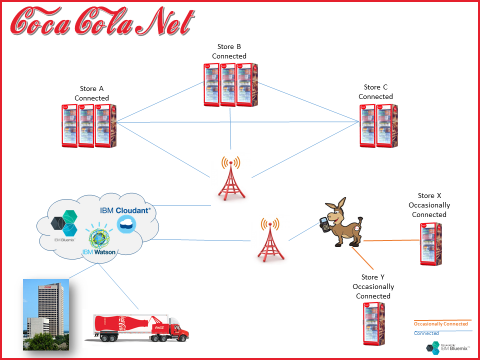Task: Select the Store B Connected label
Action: pyautogui.click(x=229, y=51)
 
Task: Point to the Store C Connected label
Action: pyautogui.click(x=375, y=92)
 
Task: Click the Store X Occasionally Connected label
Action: pyautogui.click(x=429, y=205)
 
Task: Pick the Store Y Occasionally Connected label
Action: pyautogui.click(x=373, y=286)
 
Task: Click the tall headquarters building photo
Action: pyautogui.click(x=45, y=314)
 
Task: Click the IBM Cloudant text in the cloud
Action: pyautogui.click(x=125, y=210)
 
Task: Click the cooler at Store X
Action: pyautogui.click(x=430, y=243)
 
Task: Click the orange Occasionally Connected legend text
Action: pyautogui.click(x=440, y=324)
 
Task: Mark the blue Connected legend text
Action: pyautogui.click(x=426, y=333)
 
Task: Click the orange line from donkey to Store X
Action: pyautogui.click(x=390, y=240)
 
